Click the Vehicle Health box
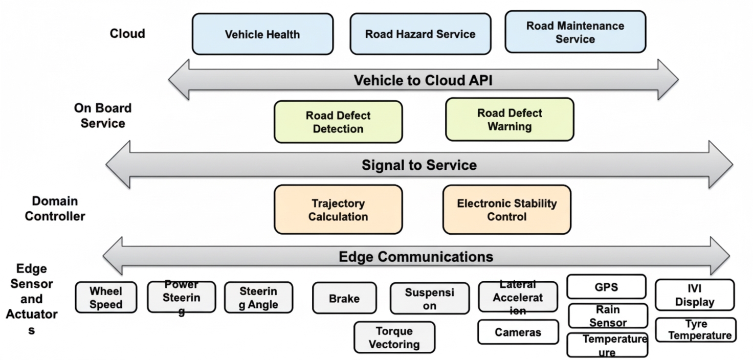click(x=262, y=34)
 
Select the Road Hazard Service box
click(x=420, y=34)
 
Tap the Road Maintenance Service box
click(x=575, y=32)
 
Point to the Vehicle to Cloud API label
click(x=423, y=80)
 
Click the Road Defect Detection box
click(x=338, y=122)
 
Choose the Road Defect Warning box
click(x=510, y=120)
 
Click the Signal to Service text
click(x=419, y=165)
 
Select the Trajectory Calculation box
click(x=338, y=210)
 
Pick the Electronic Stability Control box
click(x=506, y=210)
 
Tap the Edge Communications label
click(x=416, y=256)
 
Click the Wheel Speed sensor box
click(x=106, y=298)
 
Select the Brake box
click(x=344, y=298)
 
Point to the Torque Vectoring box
click(x=394, y=337)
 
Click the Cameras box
click(x=518, y=332)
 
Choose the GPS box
click(x=606, y=287)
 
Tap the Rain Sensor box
click(x=608, y=316)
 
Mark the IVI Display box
click(x=694, y=295)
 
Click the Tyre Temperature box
click(x=695, y=330)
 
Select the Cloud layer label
click(x=127, y=34)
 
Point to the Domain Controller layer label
click(x=55, y=209)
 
